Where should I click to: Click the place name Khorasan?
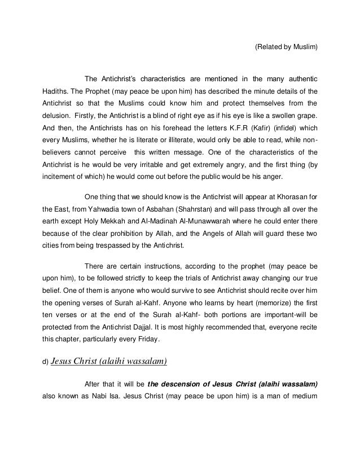coord(287,197)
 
